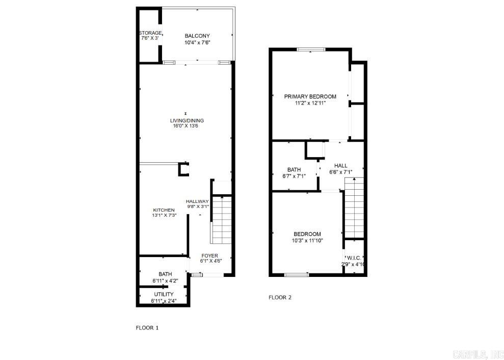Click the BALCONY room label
(197, 36)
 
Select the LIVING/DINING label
(187, 121)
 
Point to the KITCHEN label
(164, 210)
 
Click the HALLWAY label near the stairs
(197, 201)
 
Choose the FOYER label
(209, 255)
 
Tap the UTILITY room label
(164, 294)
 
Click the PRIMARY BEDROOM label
(310, 96)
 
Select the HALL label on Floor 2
(340, 166)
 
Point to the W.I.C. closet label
(354, 258)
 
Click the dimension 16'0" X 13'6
(187, 126)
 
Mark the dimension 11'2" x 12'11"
(310, 102)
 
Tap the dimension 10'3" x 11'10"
(307, 240)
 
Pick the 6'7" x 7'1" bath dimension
(294, 176)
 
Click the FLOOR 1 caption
(147, 328)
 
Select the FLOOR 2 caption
(280, 297)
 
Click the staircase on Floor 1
(222, 220)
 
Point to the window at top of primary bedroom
(311, 49)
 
